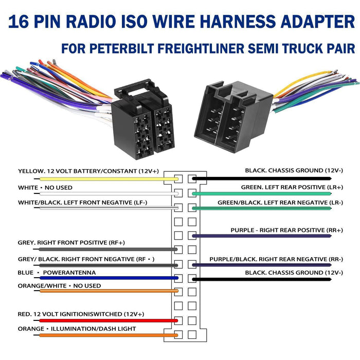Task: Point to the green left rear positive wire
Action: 262,193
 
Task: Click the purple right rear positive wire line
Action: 262,236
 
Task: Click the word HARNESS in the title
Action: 246,22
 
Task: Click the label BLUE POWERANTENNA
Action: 57,272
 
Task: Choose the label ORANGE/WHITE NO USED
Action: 59,285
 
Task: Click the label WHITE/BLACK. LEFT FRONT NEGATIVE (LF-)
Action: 82,202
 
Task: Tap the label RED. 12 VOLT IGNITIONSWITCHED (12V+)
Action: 81,314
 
